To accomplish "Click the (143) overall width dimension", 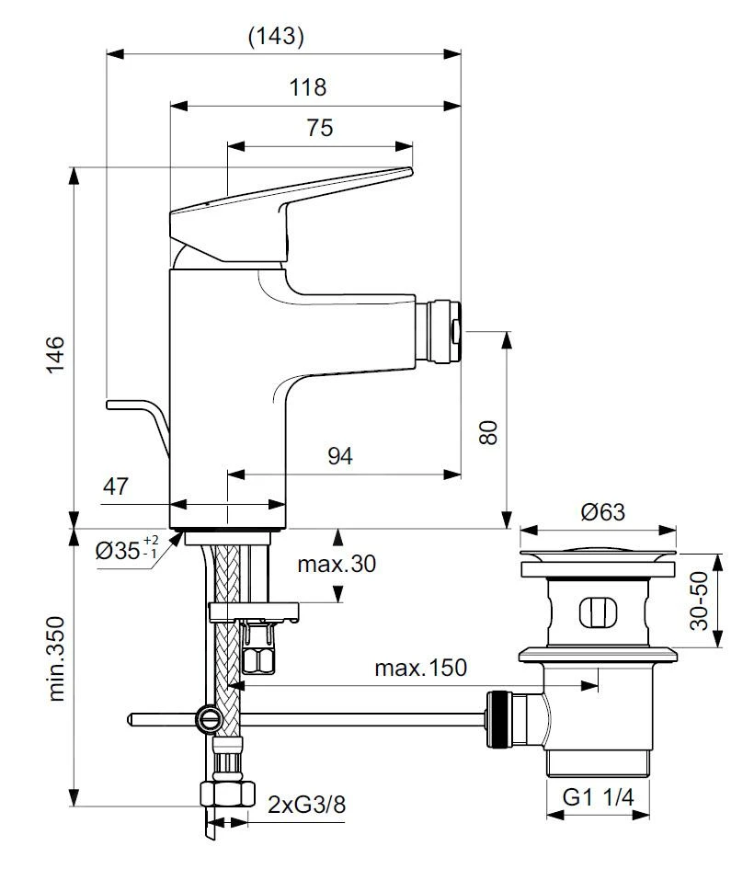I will (276, 37).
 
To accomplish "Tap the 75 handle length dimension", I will (319, 128).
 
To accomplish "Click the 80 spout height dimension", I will (489, 430).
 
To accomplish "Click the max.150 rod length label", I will (420, 667).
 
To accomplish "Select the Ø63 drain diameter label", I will (602, 511).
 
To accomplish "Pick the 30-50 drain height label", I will (702, 602).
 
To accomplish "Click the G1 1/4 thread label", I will (599, 797).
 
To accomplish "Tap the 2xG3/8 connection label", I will (307, 805).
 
